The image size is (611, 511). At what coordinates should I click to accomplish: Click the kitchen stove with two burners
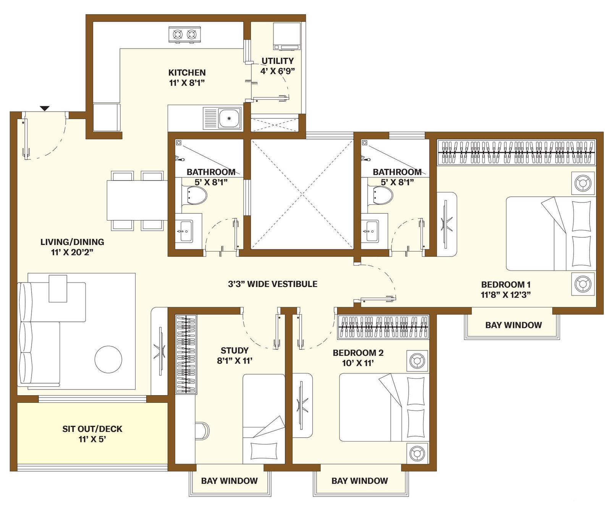point(185,35)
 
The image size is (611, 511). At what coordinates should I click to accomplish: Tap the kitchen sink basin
point(229,118)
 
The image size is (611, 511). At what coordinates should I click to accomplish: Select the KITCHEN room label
point(187,72)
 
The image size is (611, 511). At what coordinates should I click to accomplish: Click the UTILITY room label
point(278,61)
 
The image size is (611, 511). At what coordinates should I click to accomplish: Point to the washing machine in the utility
point(287,36)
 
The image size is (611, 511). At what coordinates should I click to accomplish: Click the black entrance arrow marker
point(45,109)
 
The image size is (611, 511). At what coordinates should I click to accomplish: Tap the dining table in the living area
point(137,200)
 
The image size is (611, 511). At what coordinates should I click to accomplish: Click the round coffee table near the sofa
point(108,359)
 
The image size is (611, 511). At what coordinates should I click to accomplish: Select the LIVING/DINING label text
point(72,242)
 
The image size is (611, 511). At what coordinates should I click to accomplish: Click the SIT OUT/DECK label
point(92,429)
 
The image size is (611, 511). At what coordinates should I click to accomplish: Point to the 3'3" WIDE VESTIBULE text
point(273,284)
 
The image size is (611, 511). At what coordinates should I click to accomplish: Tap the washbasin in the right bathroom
point(370,231)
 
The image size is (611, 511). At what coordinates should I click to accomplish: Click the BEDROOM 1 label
point(506,284)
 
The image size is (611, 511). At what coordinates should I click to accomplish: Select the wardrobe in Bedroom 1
point(516,152)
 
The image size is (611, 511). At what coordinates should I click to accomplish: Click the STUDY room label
point(234,350)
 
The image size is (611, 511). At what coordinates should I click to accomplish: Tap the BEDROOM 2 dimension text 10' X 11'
point(358,363)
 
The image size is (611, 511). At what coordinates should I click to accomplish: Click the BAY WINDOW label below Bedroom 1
point(514,325)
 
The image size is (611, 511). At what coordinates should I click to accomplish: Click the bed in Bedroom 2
point(384,407)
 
